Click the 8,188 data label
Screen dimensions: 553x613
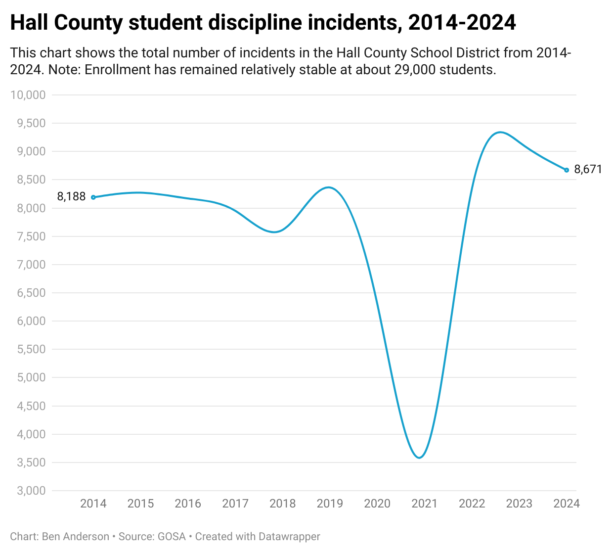71,197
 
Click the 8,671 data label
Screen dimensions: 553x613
588,170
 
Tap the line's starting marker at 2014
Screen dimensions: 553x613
93,197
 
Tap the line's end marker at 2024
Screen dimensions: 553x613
567,170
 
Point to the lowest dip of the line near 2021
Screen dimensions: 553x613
419,458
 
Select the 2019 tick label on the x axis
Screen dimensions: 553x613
330,504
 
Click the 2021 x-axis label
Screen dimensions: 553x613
425,504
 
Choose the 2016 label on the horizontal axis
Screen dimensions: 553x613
188,504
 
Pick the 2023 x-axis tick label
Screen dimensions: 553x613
519,504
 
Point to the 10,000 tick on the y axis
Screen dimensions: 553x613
28,95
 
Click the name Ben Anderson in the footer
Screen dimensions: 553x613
76,537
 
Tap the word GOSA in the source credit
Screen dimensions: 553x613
172,537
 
